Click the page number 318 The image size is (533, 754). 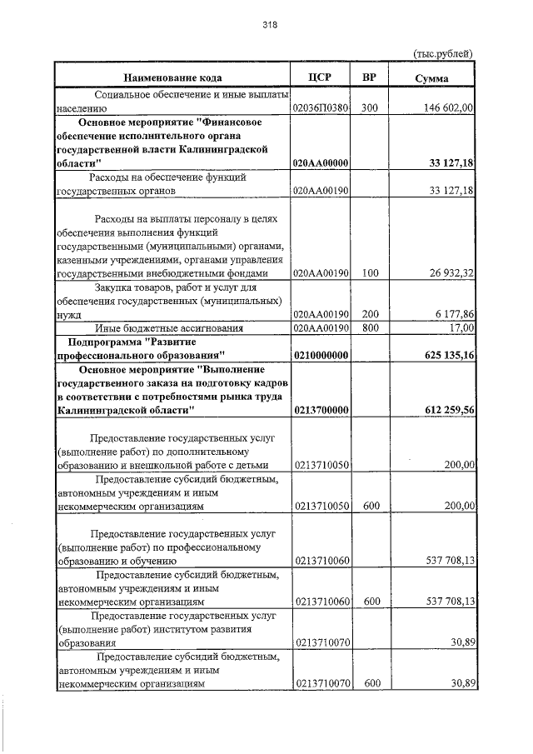[269, 25]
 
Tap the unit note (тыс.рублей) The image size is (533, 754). [443, 53]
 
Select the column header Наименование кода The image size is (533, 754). [171, 77]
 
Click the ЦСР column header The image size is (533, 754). [320, 77]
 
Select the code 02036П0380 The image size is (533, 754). [321, 108]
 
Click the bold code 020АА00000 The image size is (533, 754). [321, 162]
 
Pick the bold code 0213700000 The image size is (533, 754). [321, 411]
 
